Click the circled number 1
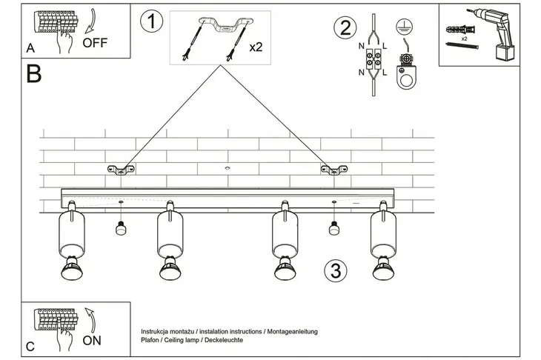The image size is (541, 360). [152, 21]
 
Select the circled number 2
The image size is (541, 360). [343, 28]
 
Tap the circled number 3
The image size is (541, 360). [335, 270]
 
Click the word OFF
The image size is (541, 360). [95, 42]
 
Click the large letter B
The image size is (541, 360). [33, 74]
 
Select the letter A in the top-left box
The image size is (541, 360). [30, 47]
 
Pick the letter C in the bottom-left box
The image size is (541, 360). [30, 345]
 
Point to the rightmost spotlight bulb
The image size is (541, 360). [385, 270]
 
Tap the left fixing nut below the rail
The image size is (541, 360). [120, 230]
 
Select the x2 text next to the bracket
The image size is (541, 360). [256, 47]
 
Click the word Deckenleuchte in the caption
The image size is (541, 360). [221, 340]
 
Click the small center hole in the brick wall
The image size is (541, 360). [227, 170]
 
